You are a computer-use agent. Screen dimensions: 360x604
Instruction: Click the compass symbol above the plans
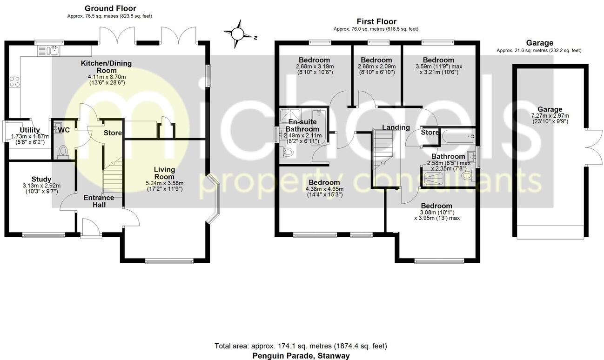[238, 33]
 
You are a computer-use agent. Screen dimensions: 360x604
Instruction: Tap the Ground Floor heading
[110, 8]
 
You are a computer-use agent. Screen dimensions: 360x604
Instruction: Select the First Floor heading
[376, 21]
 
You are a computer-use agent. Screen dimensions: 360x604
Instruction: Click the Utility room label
[29, 130]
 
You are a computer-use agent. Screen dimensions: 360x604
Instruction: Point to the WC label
[64, 130]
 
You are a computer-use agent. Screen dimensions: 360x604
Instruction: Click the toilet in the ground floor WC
[63, 152]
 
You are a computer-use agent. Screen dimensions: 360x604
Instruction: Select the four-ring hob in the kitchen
[14, 82]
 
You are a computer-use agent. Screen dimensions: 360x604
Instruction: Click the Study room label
[41, 180]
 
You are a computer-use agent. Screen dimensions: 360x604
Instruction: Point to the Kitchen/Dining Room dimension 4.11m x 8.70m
[106, 77]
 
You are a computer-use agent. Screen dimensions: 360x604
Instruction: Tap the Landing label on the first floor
[396, 127]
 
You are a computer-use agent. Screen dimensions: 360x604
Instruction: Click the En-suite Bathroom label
[302, 126]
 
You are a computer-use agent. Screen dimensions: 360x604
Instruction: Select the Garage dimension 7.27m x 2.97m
[551, 116]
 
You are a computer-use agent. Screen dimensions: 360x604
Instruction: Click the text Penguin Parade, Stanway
[301, 356]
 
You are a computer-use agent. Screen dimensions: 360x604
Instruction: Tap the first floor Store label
[430, 133]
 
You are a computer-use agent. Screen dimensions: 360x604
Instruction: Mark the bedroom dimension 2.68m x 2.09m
[376, 67]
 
